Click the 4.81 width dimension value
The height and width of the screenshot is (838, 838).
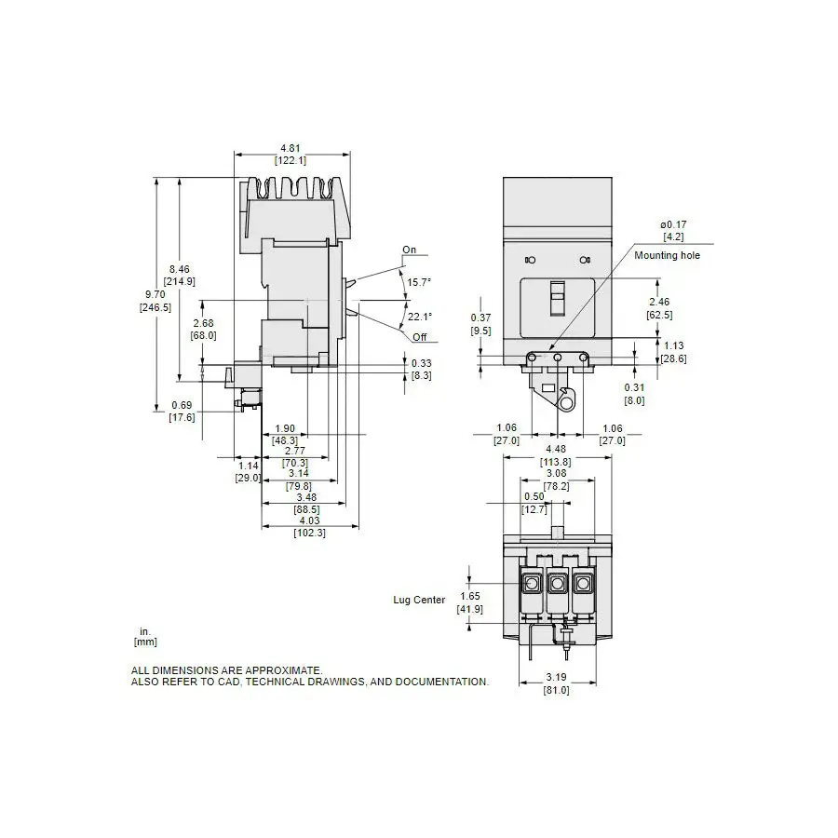pyautogui.click(x=291, y=148)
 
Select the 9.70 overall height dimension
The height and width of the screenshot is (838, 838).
pyautogui.click(x=155, y=294)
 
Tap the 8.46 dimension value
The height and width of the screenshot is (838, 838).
pyautogui.click(x=180, y=269)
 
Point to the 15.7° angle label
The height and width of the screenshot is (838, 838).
pyautogui.click(x=419, y=282)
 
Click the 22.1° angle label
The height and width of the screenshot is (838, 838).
pyautogui.click(x=420, y=317)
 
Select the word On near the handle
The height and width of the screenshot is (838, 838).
pyautogui.click(x=410, y=250)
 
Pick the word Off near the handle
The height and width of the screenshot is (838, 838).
pyautogui.click(x=420, y=337)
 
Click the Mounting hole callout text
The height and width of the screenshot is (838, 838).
pyautogui.click(x=667, y=255)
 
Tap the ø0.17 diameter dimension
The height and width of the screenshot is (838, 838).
pyautogui.click(x=673, y=225)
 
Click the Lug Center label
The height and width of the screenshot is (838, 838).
pyautogui.click(x=419, y=601)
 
